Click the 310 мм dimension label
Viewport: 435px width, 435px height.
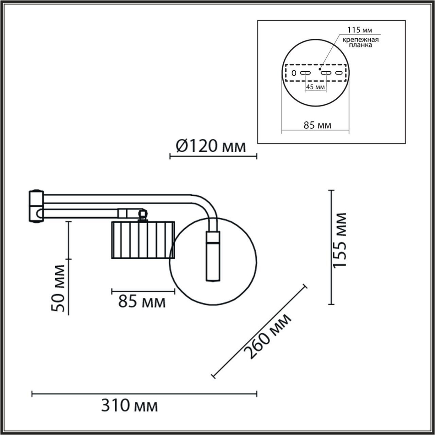(130, 406)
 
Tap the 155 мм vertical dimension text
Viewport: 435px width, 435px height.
(340, 241)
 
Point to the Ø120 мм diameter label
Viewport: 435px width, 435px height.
(211, 146)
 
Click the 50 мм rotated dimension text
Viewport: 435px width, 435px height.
(59, 288)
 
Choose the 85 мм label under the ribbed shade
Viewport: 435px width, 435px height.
(142, 301)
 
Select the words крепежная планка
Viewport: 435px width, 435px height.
(359, 42)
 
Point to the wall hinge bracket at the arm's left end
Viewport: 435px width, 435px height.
(35, 206)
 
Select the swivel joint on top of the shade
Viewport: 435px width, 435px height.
(142, 214)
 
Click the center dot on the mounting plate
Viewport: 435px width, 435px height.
(320, 69)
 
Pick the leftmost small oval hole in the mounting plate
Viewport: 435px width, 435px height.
(294, 73)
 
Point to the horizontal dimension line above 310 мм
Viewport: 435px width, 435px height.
(144, 395)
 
